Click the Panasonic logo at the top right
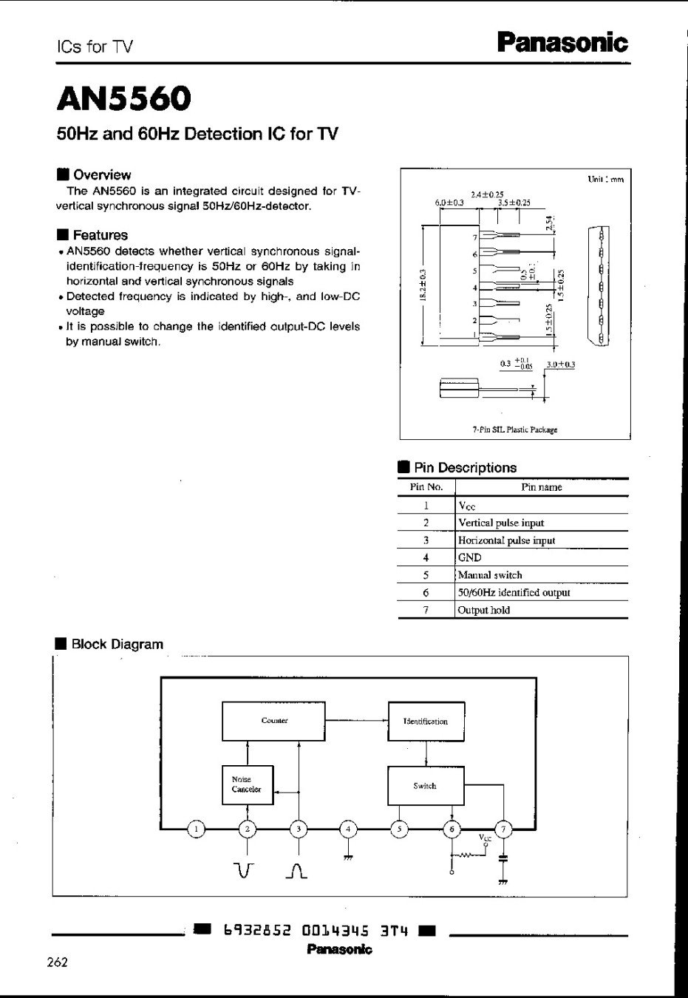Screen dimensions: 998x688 562,42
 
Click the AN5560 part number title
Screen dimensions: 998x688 123,98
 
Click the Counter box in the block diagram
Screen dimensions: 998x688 273,721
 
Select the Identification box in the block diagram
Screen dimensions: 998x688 426,722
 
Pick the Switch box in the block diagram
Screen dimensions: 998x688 425,786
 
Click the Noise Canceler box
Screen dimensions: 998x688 248,784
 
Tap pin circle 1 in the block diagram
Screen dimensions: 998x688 197,829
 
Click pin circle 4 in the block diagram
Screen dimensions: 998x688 349,829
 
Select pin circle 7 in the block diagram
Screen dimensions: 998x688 503,829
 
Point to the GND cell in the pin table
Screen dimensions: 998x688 470,557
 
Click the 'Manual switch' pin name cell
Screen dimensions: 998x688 490,575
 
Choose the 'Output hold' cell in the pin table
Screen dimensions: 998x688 484,610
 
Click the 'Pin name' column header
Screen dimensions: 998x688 541,487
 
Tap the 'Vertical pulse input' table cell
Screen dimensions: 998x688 501,523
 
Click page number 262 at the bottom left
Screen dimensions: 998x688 57,962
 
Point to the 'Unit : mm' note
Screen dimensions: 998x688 605,179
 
